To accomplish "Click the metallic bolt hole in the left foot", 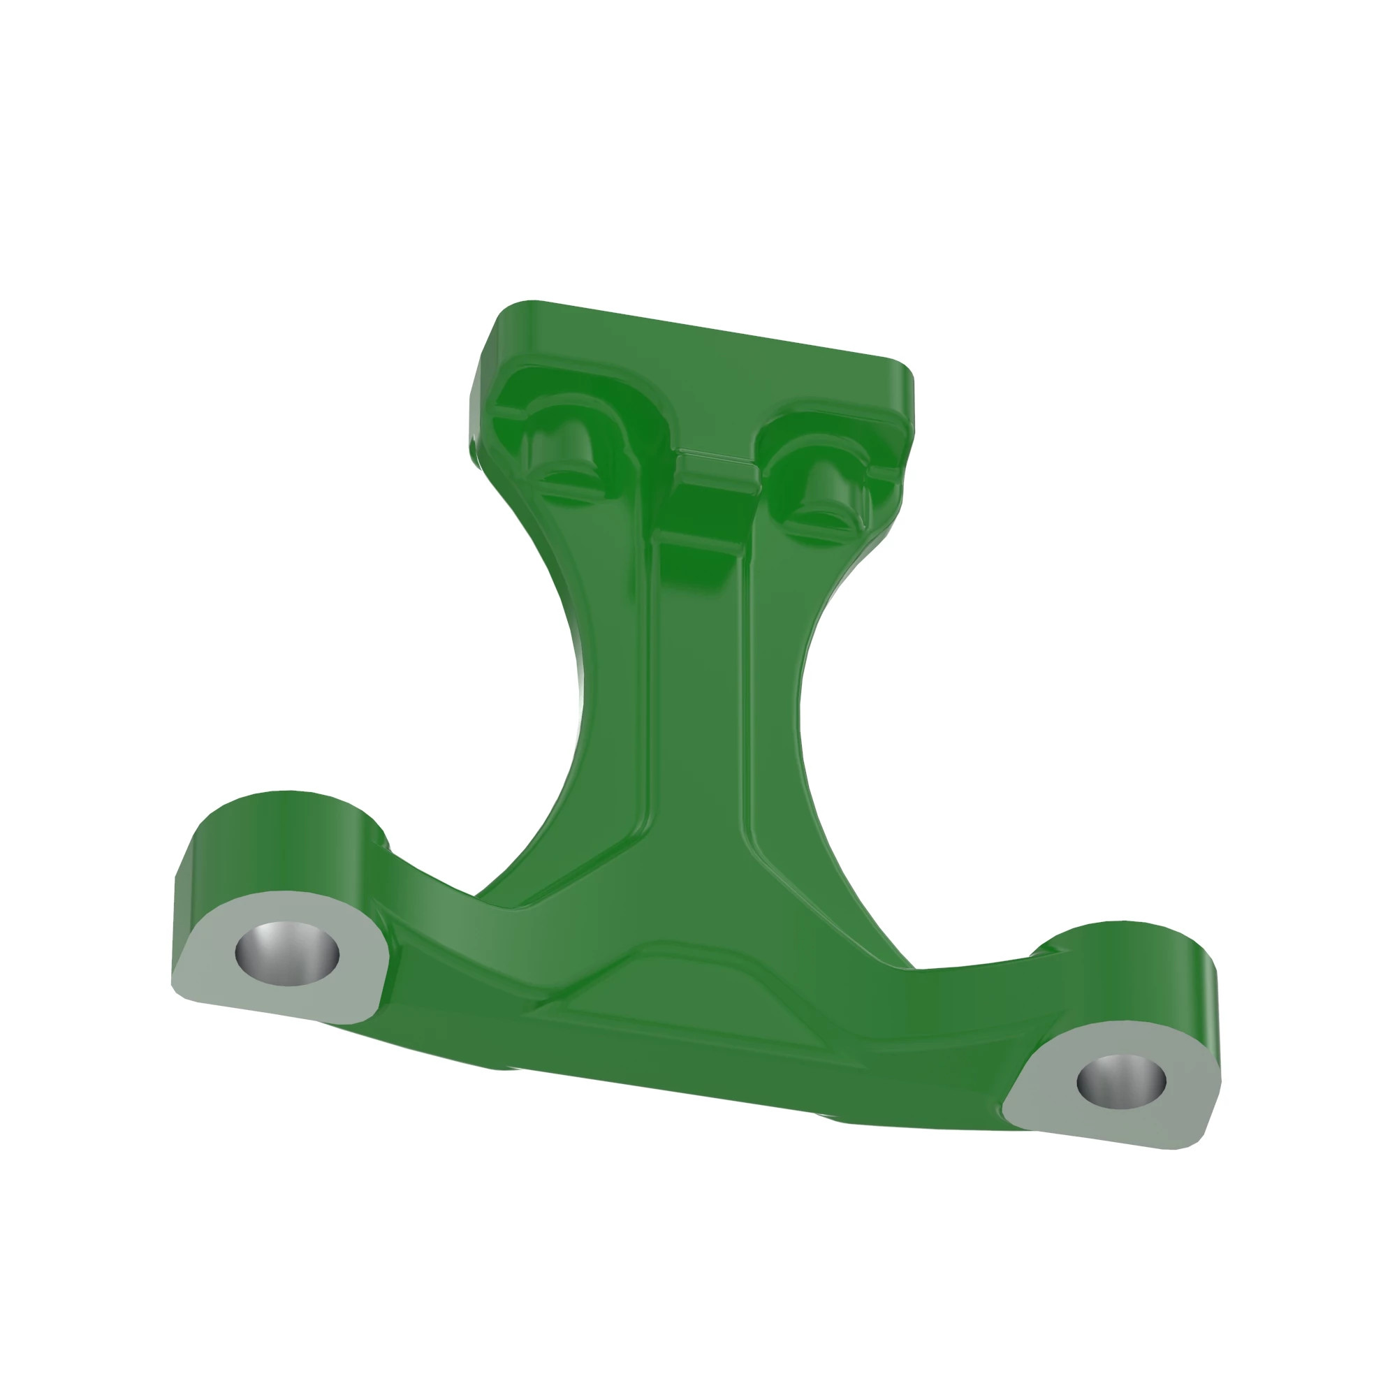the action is point(287,954).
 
